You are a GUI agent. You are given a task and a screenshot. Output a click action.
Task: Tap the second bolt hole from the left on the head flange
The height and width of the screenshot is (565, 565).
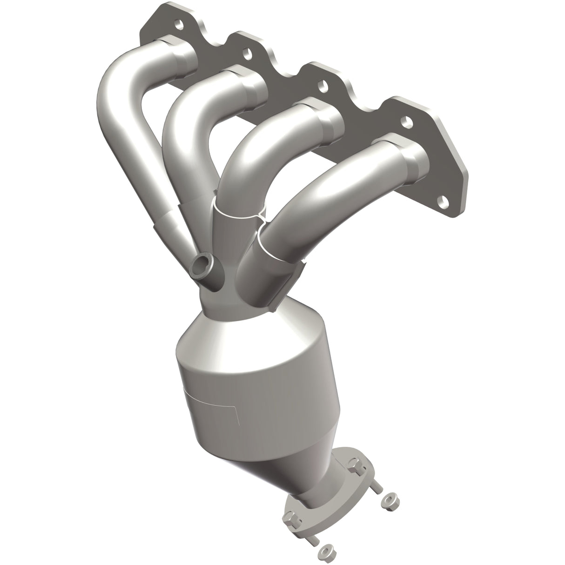click(247, 54)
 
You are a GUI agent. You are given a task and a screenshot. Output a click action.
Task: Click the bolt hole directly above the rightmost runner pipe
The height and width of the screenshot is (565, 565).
click(408, 122)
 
